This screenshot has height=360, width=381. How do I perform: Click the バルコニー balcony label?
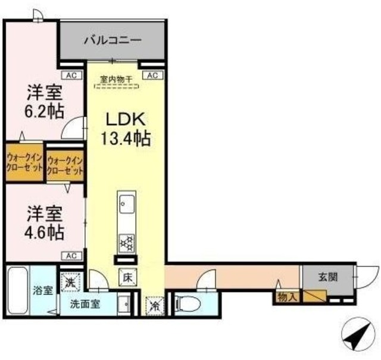click(x=112, y=41)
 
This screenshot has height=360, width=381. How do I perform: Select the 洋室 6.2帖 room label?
click(x=45, y=103)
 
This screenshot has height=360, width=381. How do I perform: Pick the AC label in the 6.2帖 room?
click(x=71, y=76)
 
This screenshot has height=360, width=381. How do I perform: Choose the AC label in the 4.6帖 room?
click(x=71, y=255)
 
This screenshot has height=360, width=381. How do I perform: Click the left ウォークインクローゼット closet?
click(x=24, y=162)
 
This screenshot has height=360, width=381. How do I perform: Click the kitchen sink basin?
click(x=126, y=205)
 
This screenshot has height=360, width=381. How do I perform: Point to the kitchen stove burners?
click(x=127, y=241)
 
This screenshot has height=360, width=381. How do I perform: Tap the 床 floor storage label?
click(x=127, y=277)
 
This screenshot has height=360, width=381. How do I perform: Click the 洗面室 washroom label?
click(x=85, y=303)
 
